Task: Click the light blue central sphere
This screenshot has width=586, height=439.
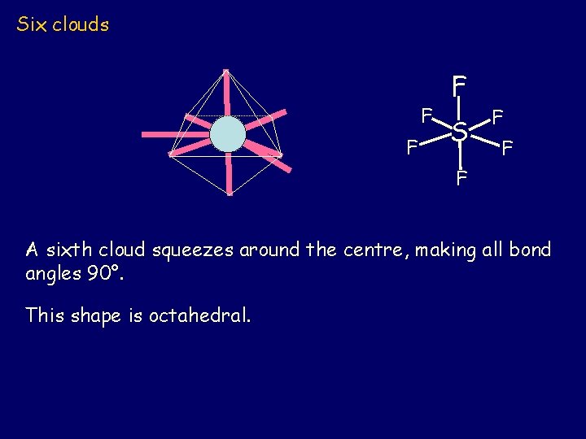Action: pyautogui.click(x=227, y=135)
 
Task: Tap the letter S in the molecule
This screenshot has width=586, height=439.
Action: pyautogui.click(x=460, y=131)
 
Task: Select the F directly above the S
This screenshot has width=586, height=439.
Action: pyautogui.click(x=460, y=85)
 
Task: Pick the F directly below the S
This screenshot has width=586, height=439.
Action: pyautogui.click(x=461, y=178)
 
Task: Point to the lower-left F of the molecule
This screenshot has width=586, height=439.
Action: pyautogui.click(x=412, y=148)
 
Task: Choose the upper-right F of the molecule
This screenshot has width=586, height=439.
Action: pyautogui.click(x=497, y=117)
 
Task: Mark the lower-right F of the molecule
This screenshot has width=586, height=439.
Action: pyautogui.click(x=507, y=148)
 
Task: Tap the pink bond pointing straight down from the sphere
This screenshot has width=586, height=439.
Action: pyautogui.click(x=230, y=174)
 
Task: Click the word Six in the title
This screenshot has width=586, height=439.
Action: pyautogui.click(x=32, y=24)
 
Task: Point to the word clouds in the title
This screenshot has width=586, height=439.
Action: pyautogui.click(x=81, y=24)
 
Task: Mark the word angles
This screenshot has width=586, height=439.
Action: pyautogui.click(x=51, y=274)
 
